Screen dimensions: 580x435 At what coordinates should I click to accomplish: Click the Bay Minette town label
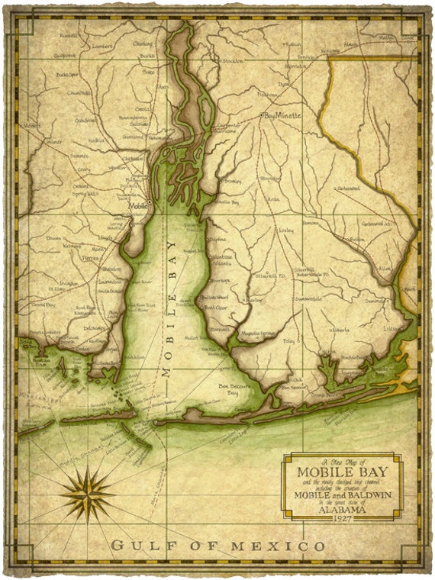283,115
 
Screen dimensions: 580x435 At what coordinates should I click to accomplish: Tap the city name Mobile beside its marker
138,206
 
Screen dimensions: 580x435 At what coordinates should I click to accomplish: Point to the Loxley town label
286,229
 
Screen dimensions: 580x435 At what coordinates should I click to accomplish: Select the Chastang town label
143,43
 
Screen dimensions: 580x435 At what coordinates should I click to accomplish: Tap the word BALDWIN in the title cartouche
366,492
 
